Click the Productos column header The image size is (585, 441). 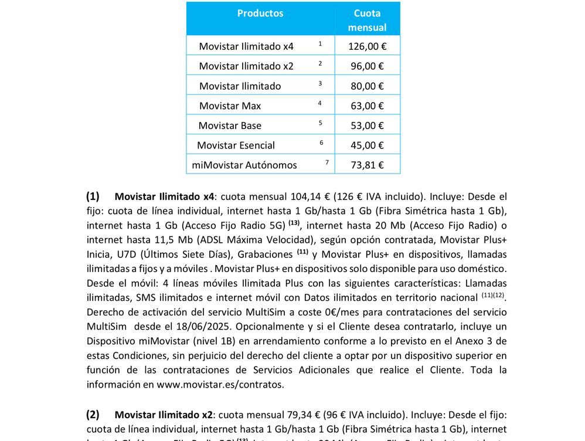[x=260, y=13]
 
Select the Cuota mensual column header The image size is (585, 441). [x=367, y=20]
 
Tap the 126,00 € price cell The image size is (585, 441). [x=367, y=46]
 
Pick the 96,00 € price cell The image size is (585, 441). [x=367, y=66]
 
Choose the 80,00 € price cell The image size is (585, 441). [x=367, y=86]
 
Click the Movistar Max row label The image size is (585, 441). [x=230, y=106]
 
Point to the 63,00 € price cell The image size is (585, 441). [x=367, y=106]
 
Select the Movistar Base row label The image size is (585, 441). [x=230, y=125]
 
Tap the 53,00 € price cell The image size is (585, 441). [x=367, y=125]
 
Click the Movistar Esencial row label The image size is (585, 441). [x=236, y=145]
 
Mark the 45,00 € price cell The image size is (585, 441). [x=367, y=145]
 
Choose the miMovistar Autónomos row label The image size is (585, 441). [x=244, y=165]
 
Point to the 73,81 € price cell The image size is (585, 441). [x=367, y=165]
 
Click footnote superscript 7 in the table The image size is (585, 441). [x=327, y=162]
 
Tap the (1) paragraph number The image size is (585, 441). [x=93, y=196]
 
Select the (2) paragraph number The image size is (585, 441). [x=93, y=415]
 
